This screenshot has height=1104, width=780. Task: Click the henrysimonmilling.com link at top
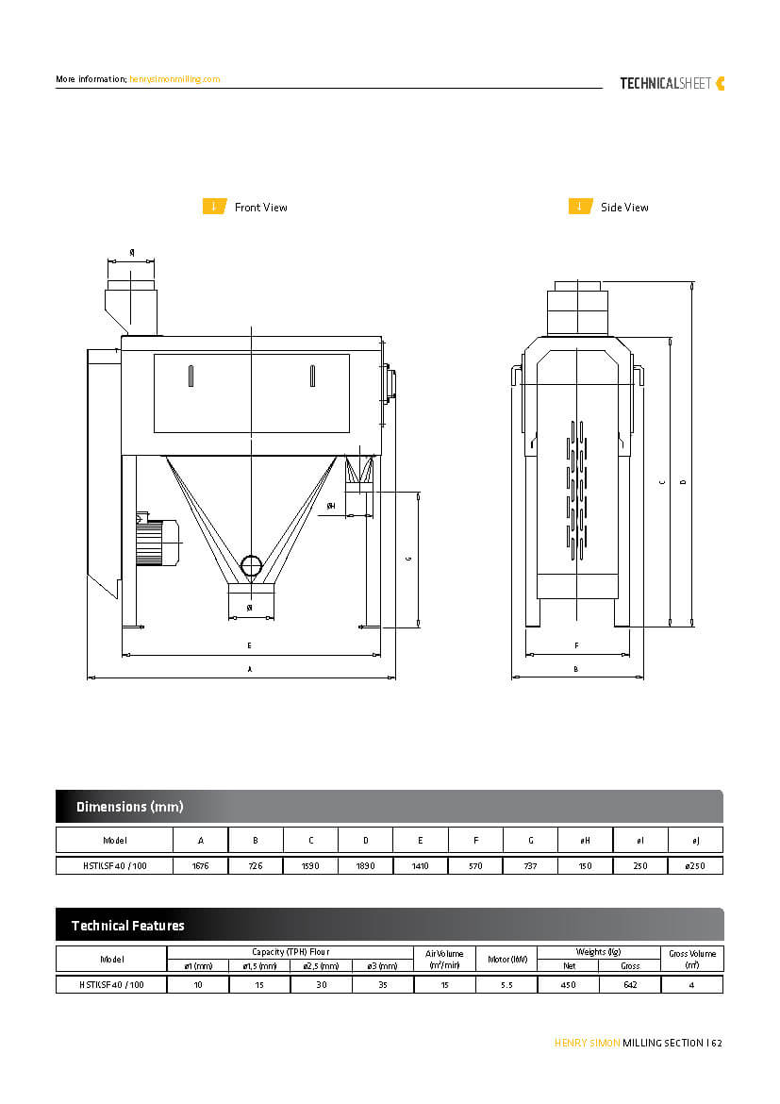(x=174, y=79)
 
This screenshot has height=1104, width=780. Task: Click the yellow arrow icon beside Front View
(x=214, y=207)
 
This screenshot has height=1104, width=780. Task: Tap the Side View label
(x=624, y=208)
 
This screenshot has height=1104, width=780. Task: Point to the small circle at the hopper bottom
(x=251, y=565)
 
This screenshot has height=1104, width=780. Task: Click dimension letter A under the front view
(x=250, y=668)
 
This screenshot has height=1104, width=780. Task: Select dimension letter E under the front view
(x=249, y=645)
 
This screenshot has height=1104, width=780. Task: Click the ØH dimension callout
(x=331, y=506)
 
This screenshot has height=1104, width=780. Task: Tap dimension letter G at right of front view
(x=408, y=559)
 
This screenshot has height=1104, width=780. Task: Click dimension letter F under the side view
(x=576, y=645)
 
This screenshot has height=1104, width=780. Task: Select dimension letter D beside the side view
(x=683, y=482)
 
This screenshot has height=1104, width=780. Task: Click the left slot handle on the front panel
(x=190, y=376)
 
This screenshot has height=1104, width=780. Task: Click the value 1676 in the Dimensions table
(x=200, y=865)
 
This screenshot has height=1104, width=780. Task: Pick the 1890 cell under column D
(x=365, y=865)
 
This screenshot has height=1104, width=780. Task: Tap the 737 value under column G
(x=530, y=865)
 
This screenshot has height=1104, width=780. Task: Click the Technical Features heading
(x=128, y=926)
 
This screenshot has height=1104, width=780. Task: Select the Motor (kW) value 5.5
(x=506, y=985)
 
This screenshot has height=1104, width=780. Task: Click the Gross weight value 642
(x=630, y=985)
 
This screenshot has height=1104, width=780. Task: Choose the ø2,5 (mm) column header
(x=321, y=965)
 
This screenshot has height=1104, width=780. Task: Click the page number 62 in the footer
(x=717, y=1043)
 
